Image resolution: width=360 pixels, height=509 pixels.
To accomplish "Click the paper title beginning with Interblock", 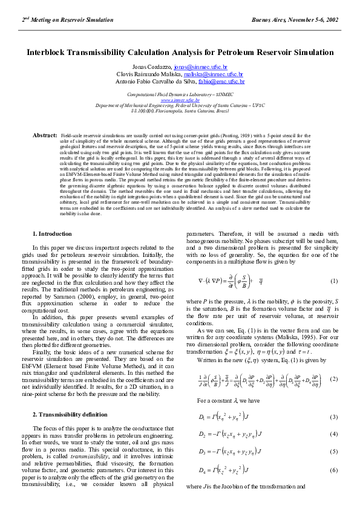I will [180, 53].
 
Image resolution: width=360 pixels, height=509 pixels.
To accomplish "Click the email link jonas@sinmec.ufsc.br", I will [200, 66].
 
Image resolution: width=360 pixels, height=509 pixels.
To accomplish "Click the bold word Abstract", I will [45, 135].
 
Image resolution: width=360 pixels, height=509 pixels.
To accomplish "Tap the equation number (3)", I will [333, 418].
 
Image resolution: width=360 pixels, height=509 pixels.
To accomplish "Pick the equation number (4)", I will [333, 434].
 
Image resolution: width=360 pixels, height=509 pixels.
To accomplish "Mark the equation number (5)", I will [333, 452].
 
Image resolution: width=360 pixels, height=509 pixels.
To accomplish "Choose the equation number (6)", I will [333, 470].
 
